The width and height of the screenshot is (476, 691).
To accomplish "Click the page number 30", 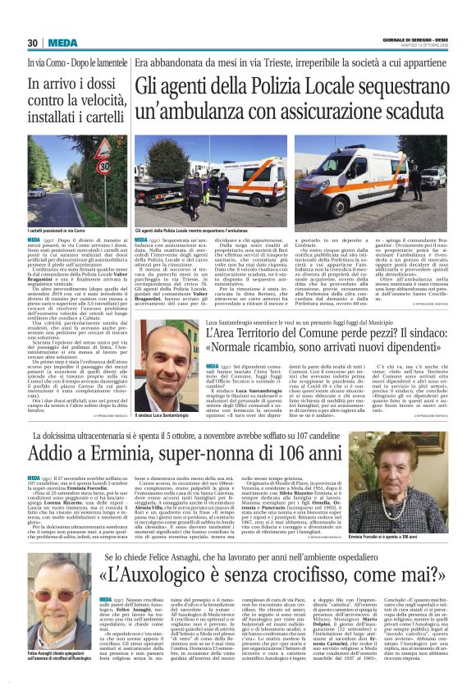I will pos(33,43).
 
